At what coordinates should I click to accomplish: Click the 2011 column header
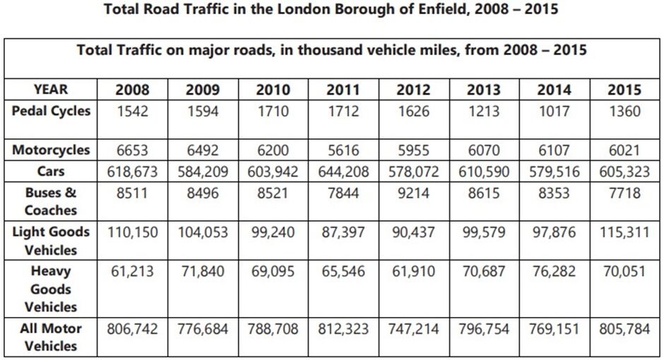point(343,90)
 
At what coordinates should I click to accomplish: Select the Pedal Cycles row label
point(51,111)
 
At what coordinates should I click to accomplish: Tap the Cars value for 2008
point(132,172)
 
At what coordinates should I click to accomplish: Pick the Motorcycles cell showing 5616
point(343,150)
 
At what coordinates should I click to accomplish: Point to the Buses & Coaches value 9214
point(414,193)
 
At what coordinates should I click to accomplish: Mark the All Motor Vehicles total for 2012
point(414,329)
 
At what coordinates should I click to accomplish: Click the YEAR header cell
point(51,90)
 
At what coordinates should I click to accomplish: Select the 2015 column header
point(624,90)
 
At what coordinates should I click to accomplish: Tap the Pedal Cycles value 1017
point(554,111)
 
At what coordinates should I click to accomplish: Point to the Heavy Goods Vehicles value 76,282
point(554,272)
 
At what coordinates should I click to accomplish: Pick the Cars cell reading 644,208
point(343,172)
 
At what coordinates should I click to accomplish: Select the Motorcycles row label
point(51,150)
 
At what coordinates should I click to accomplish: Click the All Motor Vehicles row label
point(51,337)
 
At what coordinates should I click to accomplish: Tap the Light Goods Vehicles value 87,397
point(343,232)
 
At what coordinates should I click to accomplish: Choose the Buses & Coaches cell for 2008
point(132,193)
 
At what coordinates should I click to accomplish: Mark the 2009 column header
point(203,90)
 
